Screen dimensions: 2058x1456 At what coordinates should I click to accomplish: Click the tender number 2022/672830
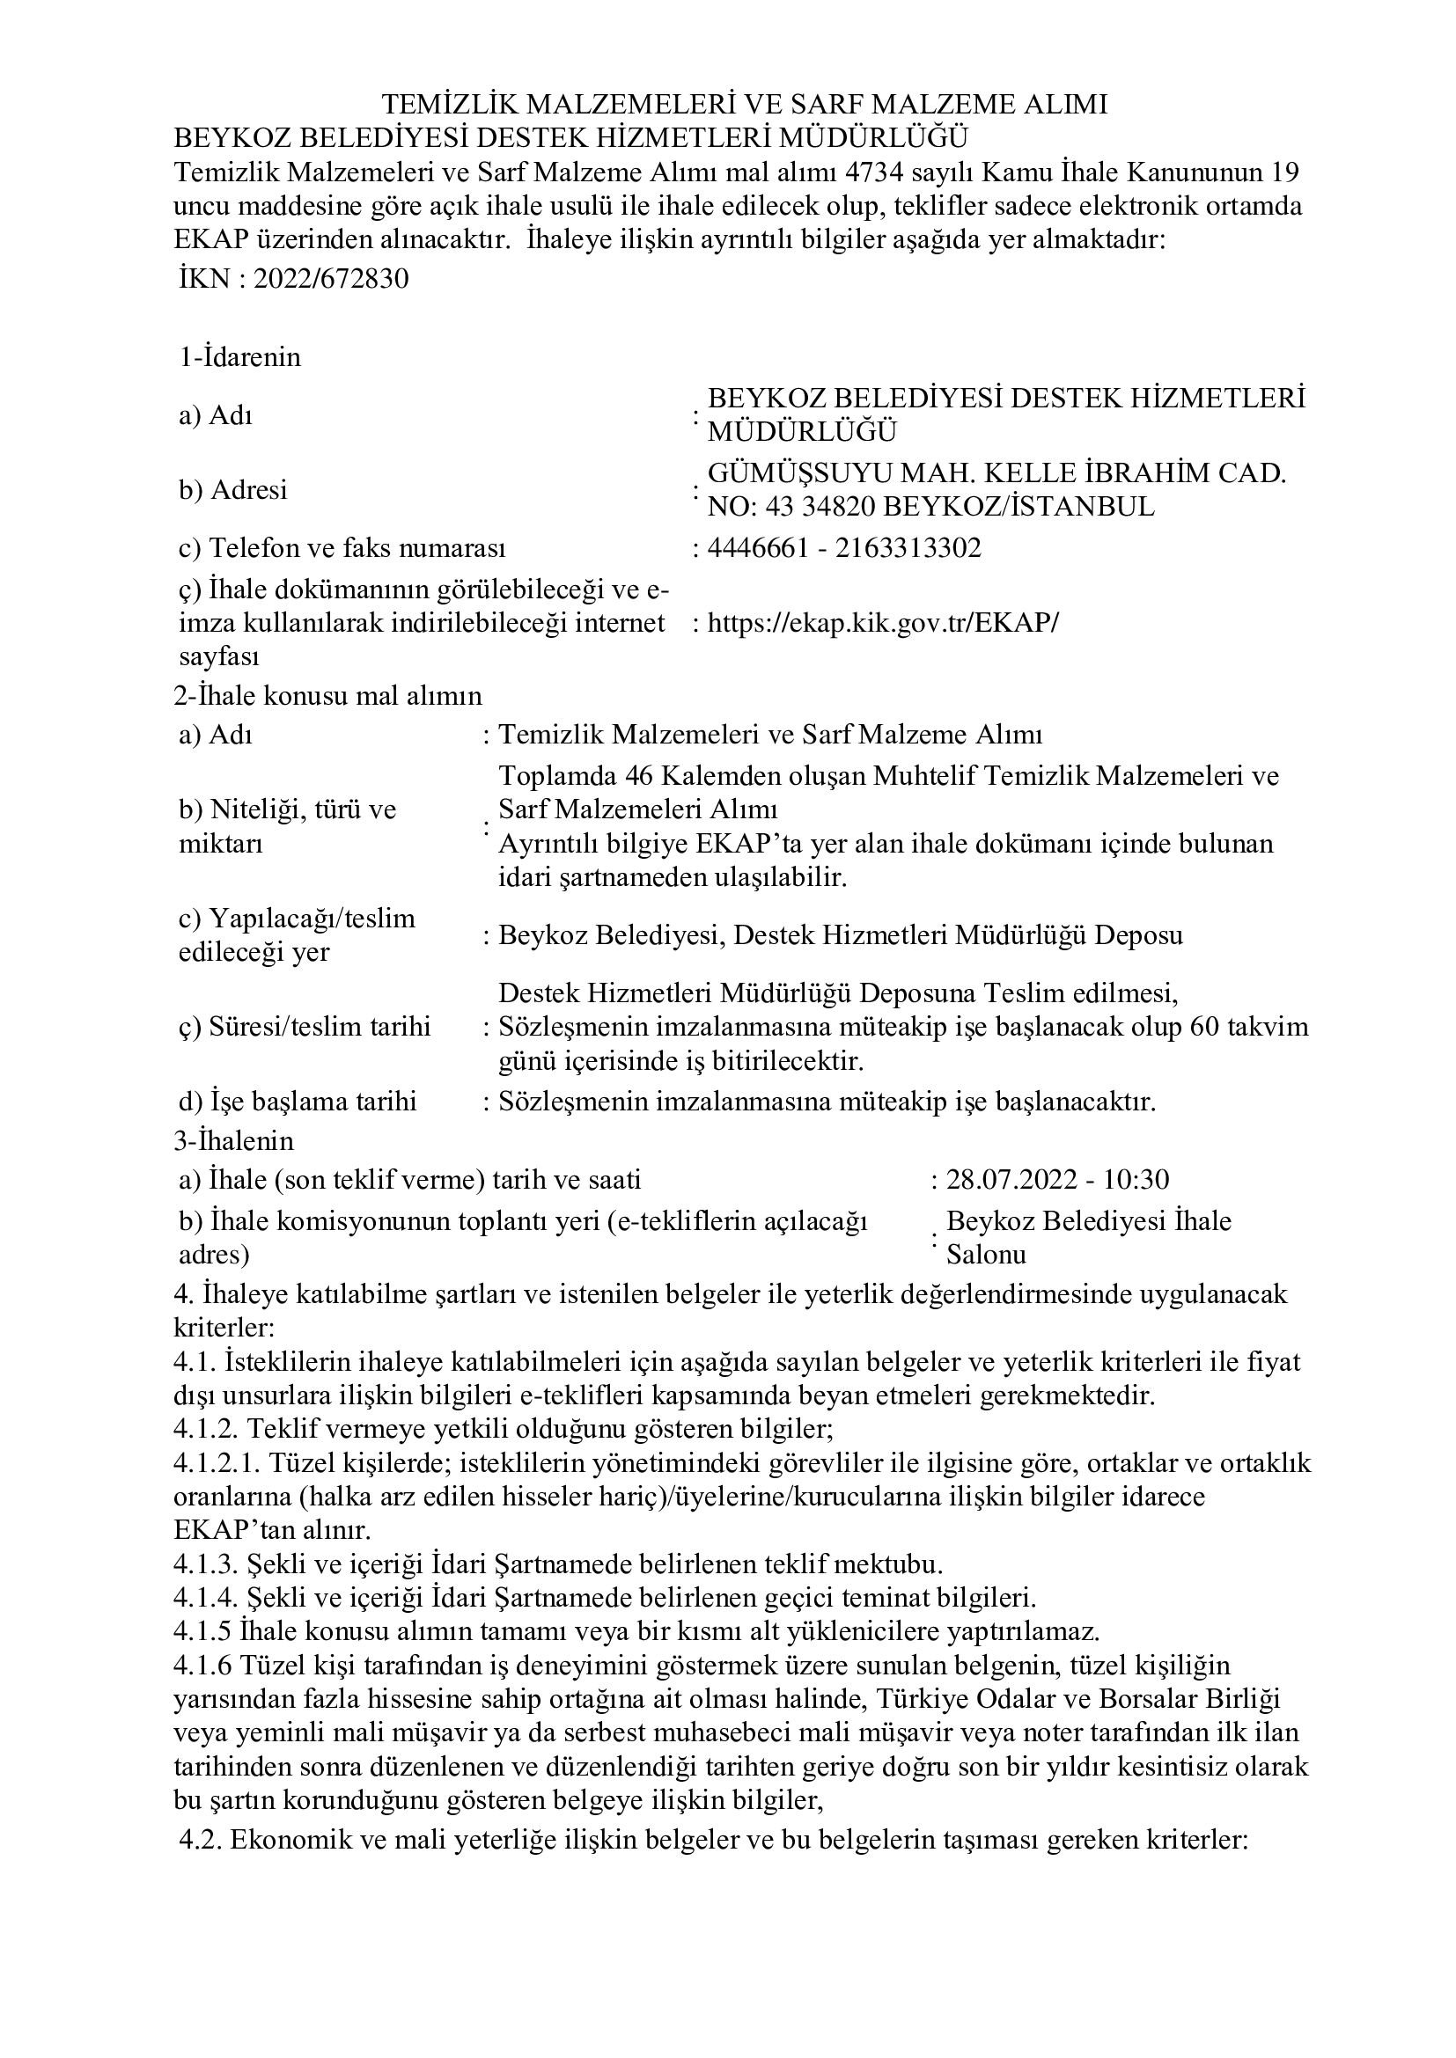tap(331, 280)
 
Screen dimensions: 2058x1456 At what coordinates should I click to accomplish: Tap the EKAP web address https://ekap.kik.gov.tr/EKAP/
tap(882, 623)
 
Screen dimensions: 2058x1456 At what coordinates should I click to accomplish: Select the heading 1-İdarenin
tap(239, 357)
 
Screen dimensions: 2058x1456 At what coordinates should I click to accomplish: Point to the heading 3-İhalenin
tap(234, 1141)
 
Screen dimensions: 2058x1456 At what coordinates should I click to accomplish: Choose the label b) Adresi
tap(233, 490)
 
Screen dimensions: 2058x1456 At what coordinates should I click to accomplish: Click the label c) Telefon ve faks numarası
tap(342, 547)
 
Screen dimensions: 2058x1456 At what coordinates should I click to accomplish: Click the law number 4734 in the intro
tap(862, 172)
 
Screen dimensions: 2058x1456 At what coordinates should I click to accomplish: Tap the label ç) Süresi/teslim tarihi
tap(305, 1026)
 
